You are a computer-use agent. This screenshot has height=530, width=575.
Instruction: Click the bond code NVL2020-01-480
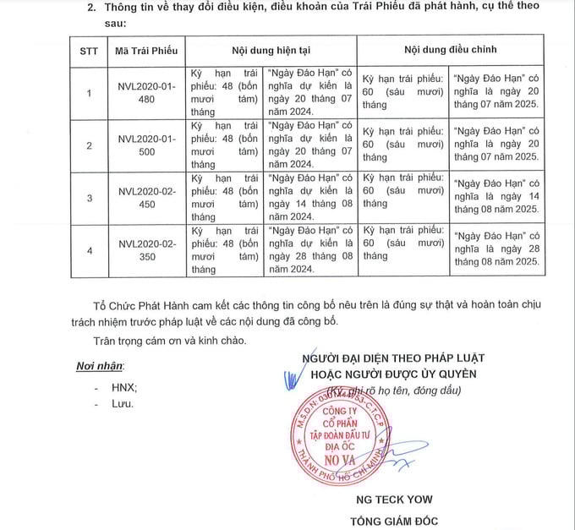tap(146, 91)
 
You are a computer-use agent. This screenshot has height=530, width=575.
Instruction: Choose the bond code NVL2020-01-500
tap(146, 145)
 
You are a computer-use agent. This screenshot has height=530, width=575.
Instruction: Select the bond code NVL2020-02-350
tap(146, 250)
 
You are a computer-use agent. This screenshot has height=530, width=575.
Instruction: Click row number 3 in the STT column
tap(89, 198)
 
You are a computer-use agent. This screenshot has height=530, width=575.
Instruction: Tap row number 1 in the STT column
tap(89, 91)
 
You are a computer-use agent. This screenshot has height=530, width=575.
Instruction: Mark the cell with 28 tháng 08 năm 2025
tap(496, 250)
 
